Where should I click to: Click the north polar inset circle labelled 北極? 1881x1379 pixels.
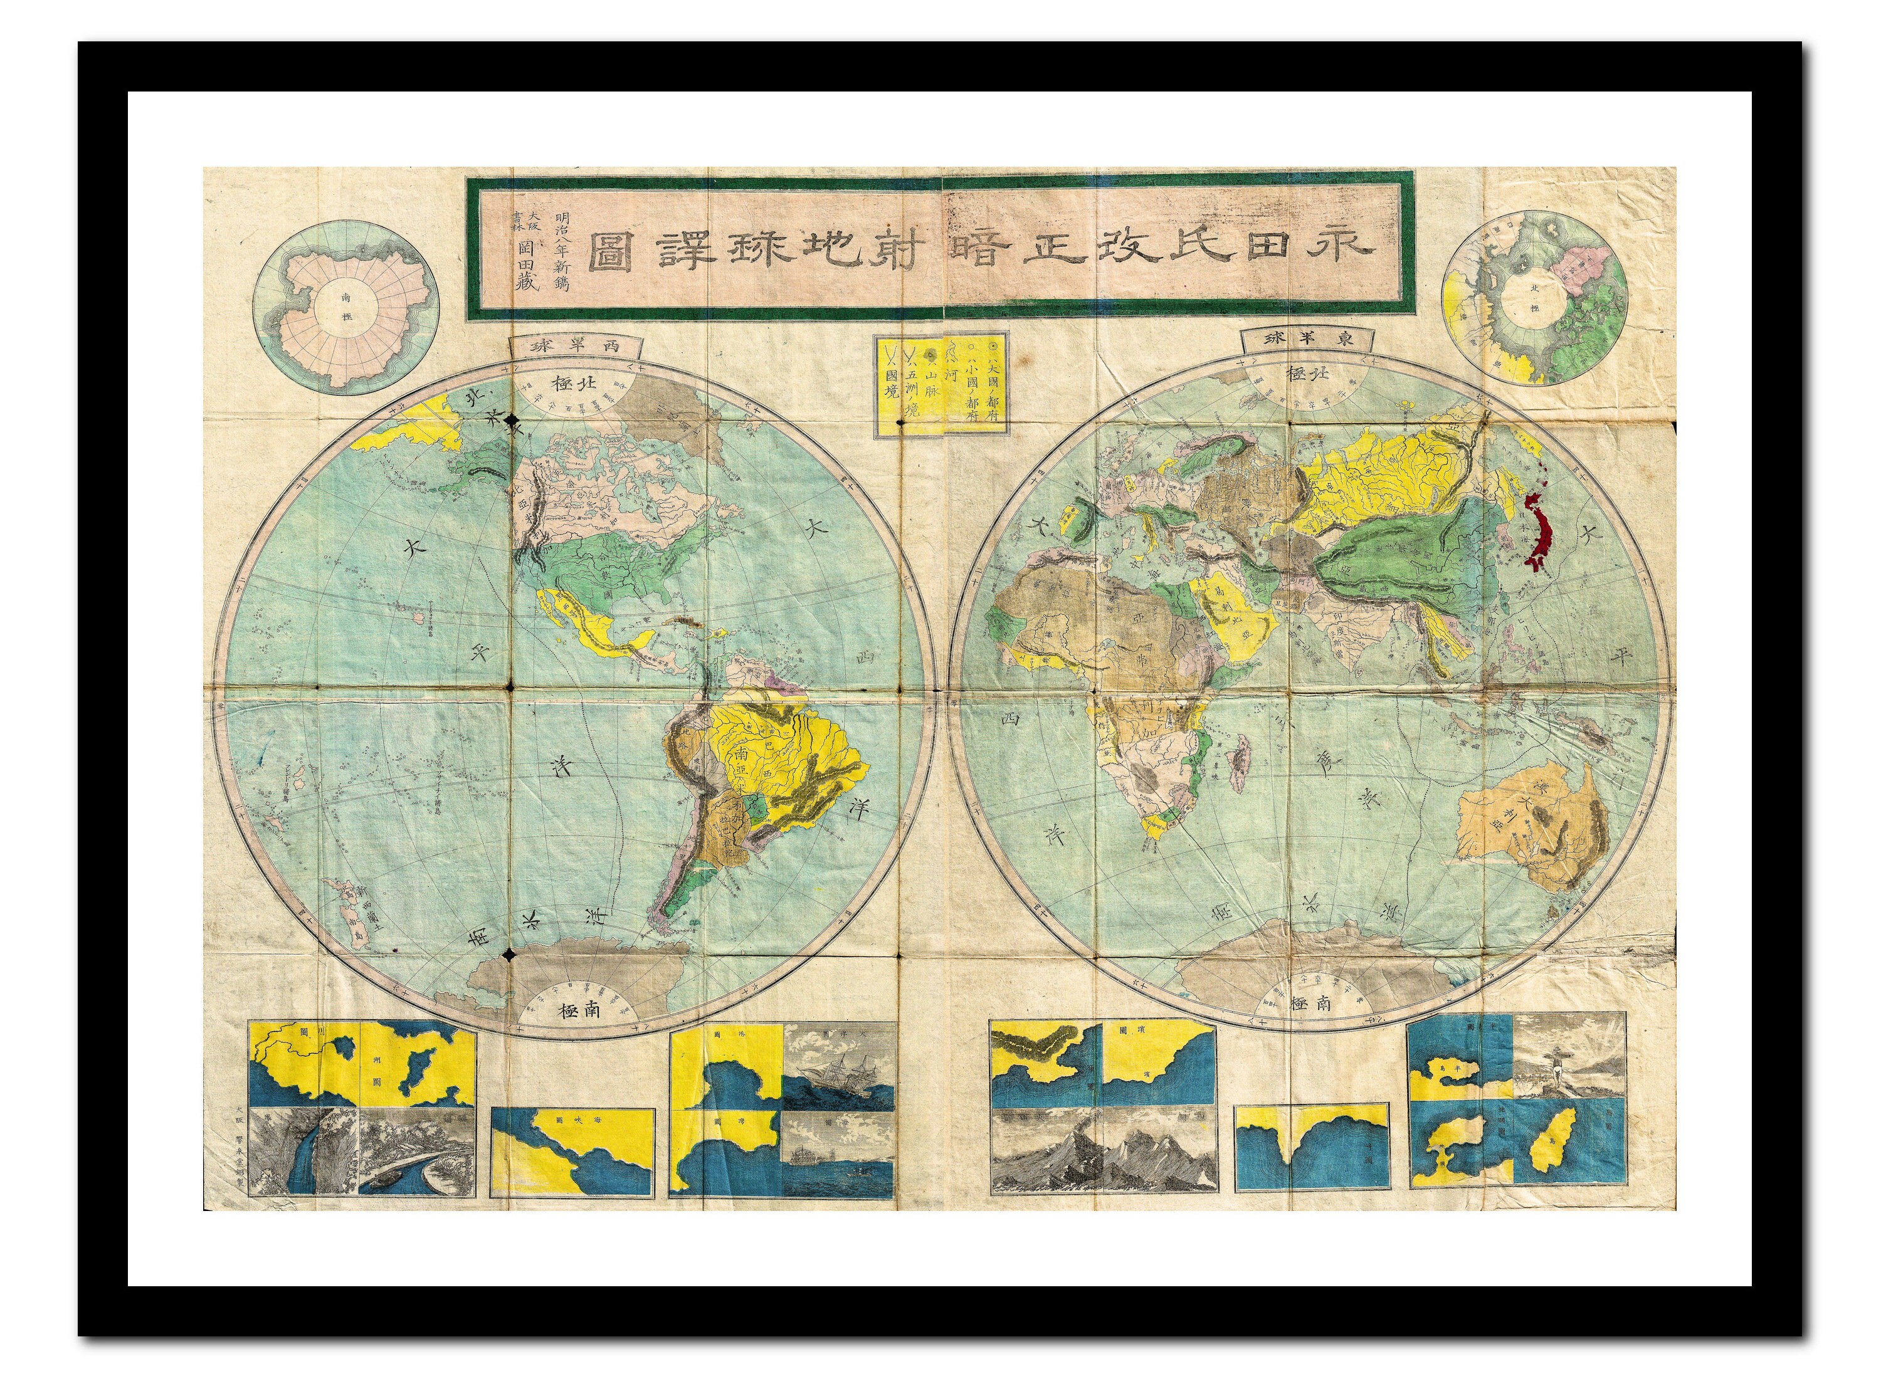[x=1534, y=297]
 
